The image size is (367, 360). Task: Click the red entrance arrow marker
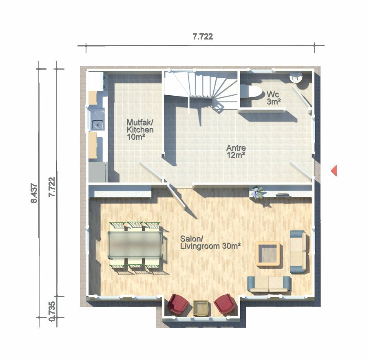click(x=334, y=170)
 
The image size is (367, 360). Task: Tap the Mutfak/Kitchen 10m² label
click(x=140, y=130)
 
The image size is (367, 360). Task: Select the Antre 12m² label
click(x=236, y=151)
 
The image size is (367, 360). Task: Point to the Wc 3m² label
click(x=274, y=98)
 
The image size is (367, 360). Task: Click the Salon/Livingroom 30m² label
click(x=210, y=242)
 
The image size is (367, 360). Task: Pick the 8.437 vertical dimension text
click(x=34, y=193)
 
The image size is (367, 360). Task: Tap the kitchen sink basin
click(x=97, y=124)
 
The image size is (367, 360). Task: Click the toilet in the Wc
click(x=251, y=92)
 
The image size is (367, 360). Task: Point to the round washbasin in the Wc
click(x=296, y=77)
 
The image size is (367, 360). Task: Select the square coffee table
click(x=268, y=254)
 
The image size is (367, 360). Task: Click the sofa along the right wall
click(x=298, y=252)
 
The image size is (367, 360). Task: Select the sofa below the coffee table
click(x=269, y=284)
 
